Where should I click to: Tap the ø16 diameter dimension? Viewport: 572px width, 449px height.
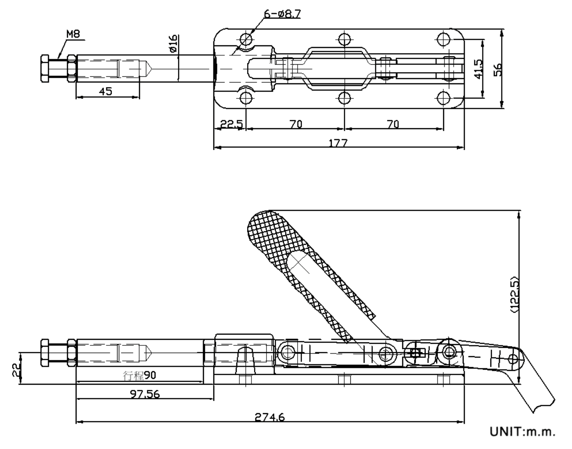[x=173, y=44]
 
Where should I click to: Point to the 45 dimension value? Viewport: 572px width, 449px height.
[x=105, y=91]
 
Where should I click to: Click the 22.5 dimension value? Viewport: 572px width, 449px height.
[x=231, y=124]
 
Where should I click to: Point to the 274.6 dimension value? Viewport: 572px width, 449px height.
[x=269, y=417]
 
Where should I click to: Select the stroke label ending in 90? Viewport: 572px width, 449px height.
[x=140, y=375]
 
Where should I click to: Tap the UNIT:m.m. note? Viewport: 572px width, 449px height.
[x=522, y=431]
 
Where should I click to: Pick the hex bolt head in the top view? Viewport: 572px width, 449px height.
[x=45, y=69]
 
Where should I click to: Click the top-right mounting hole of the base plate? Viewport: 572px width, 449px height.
[x=443, y=39]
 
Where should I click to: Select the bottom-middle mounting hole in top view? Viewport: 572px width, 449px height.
[x=344, y=98]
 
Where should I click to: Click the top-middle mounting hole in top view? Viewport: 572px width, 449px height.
[x=344, y=39]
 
